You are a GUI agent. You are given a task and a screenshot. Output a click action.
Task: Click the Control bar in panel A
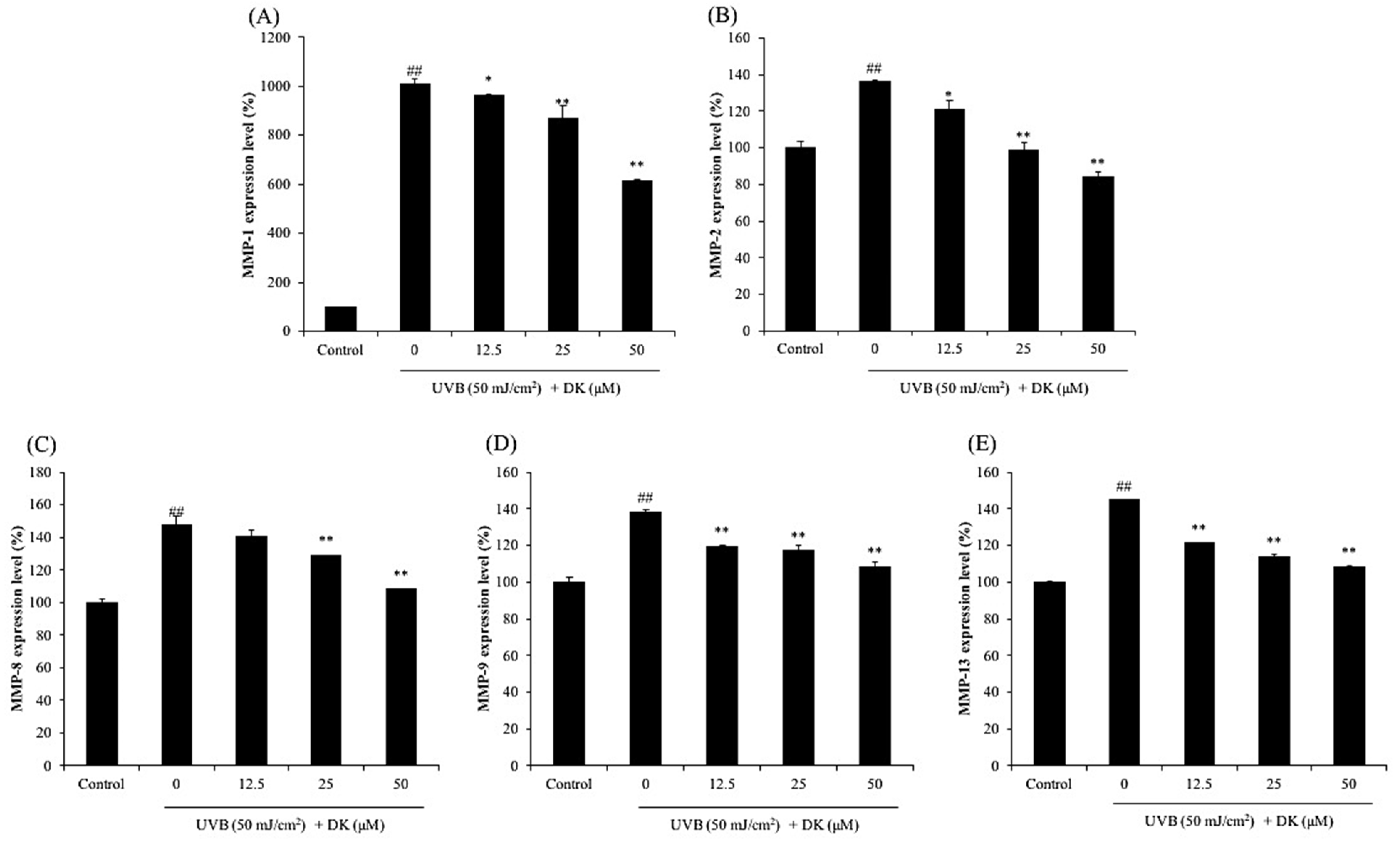341,319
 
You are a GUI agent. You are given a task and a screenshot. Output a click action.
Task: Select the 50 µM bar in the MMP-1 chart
636,256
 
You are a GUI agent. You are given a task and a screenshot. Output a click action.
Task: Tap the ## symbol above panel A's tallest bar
414,71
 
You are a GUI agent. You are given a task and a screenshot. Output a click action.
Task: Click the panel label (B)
722,17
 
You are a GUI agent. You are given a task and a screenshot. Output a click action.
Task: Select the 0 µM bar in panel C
177,645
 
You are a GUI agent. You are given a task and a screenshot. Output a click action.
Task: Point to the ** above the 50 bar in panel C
401,574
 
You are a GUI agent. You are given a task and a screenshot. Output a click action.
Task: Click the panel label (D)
501,445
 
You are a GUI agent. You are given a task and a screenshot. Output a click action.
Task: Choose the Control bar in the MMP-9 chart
569,674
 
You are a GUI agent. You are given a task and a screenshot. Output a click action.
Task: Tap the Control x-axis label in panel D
569,784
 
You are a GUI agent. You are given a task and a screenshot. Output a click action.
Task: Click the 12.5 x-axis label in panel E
1198,784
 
